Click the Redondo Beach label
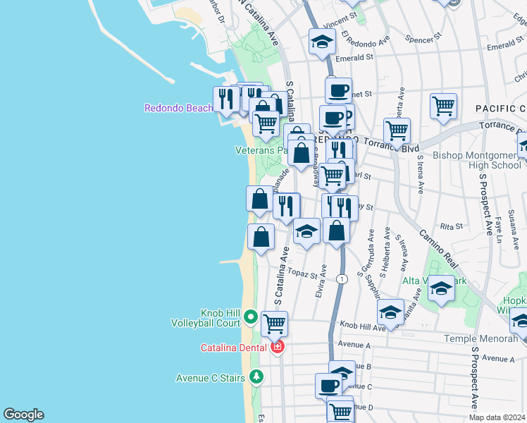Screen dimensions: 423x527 pyautogui.click(x=178, y=108)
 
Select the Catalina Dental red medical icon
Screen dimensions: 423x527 pyautogui.click(x=278, y=347)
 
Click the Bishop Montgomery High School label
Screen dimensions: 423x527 pyautogui.click(x=476, y=160)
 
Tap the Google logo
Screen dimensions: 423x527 pyautogui.click(x=23, y=415)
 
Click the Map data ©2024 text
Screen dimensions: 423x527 pyautogui.click(x=497, y=417)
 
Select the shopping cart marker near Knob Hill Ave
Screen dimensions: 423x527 pyautogui.click(x=274, y=324)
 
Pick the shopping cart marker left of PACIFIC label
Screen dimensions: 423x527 pyautogui.click(x=443, y=106)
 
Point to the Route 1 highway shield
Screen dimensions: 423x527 pyautogui.click(x=342, y=279)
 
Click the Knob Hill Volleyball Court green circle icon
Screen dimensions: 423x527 pyautogui.click(x=248, y=317)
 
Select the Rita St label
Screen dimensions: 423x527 pyautogui.click(x=451, y=227)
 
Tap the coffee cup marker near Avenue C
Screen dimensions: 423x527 pyautogui.click(x=328, y=385)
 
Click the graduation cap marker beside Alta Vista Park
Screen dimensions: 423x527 pyautogui.click(x=441, y=288)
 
